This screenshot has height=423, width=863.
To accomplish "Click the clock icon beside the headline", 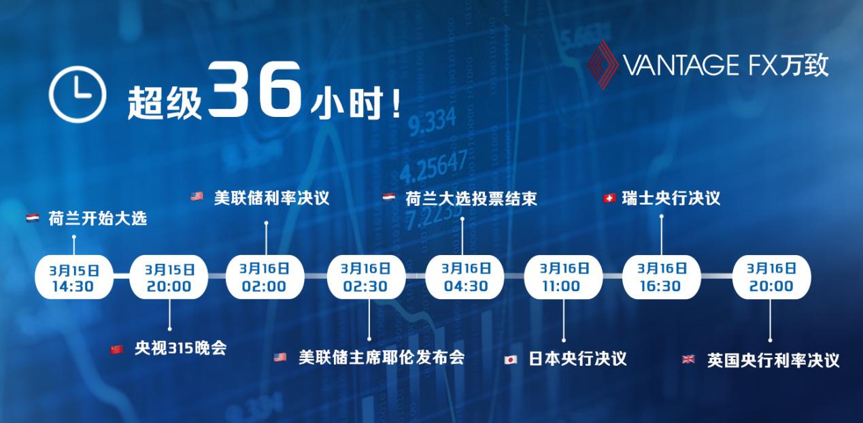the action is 78,95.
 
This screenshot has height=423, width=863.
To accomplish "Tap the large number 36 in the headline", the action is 254,88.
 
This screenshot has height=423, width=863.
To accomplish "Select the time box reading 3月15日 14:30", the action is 74,277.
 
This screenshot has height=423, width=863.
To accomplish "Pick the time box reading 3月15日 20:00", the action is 169,277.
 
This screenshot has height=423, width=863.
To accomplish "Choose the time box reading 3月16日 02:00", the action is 265,277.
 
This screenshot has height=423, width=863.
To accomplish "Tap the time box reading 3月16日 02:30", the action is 366,277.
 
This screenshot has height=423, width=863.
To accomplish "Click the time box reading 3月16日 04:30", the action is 464,277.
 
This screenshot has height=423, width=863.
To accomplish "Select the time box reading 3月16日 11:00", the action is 563,277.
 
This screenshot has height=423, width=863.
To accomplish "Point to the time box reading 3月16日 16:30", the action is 661,277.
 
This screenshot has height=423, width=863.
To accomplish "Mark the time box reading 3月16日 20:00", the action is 771,277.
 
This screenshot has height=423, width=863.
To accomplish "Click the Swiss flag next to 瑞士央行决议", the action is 609,199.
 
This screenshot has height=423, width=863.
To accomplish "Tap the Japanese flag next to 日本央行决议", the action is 511,360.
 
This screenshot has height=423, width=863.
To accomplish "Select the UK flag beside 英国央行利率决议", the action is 688,360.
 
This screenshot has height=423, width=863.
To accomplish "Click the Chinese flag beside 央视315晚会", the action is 117,350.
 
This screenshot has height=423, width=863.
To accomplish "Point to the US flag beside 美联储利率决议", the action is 197,197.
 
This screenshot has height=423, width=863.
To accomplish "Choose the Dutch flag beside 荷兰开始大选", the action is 33,218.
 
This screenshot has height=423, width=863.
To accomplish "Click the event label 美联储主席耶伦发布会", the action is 382,358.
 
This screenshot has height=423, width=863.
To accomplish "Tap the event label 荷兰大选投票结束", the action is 471,199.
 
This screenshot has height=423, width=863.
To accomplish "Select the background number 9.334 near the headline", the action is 433,122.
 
